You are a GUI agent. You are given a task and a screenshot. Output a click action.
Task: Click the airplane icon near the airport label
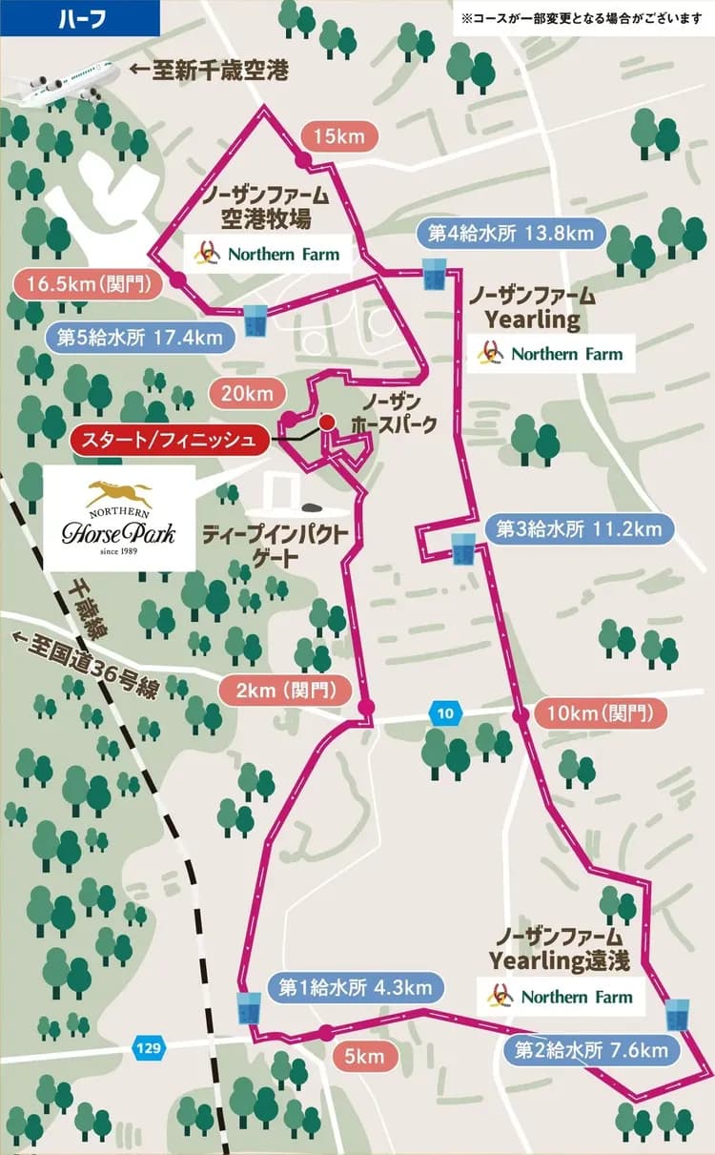pyautogui.click(x=62, y=81)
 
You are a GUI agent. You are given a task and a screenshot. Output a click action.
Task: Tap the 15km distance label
pyautogui.click(x=339, y=136)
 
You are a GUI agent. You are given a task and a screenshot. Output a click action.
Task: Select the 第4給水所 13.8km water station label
pyautogui.click(x=510, y=232)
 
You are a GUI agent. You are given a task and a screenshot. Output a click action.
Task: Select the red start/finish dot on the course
pyautogui.click(x=326, y=422)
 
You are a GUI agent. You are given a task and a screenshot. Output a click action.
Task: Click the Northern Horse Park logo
pyautogui.click(x=119, y=518)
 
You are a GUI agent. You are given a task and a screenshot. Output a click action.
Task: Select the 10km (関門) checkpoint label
pyautogui.click(x=602, y=712)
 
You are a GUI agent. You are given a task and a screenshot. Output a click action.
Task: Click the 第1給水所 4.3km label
pyautogui.click(x=356, y=987)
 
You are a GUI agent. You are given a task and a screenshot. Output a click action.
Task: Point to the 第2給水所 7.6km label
pyautogui.click(x=590, y=1050)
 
